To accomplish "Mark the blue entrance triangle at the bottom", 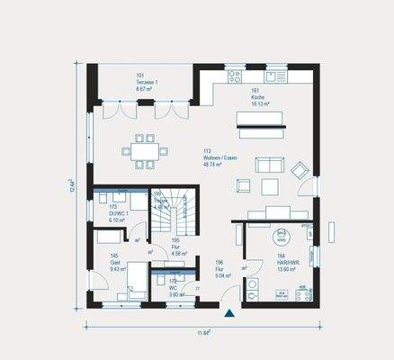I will point(229,314).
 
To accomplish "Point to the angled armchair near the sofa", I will point(300,167).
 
